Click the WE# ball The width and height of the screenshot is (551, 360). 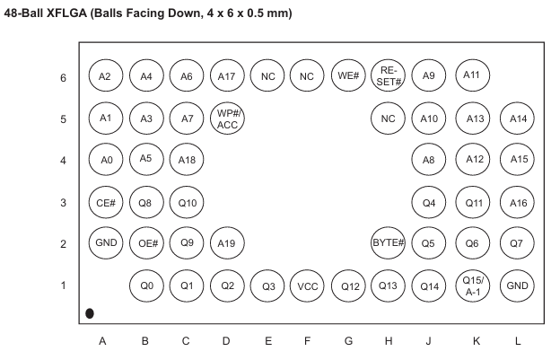click(348, 75)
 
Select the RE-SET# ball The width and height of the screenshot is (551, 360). click(388, 75)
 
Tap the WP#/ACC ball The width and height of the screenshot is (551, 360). click(227, 119)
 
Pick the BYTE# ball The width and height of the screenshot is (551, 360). click(388, 243)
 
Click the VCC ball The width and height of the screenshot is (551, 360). click(307, 285)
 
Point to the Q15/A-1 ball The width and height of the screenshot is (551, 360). click(473, 285)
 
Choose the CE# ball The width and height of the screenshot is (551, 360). click(106, 203)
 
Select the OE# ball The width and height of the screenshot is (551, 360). click(146, 243)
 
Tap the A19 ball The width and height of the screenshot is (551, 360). click(227, 243)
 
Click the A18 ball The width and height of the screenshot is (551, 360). click(187, 160)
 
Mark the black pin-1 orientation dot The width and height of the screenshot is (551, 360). click(90, 313)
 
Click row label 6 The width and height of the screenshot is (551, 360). click(63, 78)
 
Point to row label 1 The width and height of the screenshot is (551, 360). click(63, 285)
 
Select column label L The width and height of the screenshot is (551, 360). click(517, 340)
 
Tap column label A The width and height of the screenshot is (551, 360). click(102, 340)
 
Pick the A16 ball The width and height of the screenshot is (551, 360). click(517, 203)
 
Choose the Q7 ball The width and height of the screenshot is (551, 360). click(517, 243)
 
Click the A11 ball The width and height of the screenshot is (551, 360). click(473, 75)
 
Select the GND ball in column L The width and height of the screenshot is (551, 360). click(517, 285)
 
